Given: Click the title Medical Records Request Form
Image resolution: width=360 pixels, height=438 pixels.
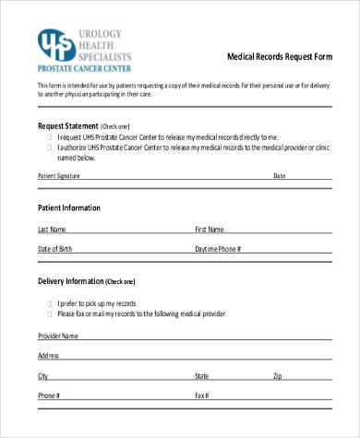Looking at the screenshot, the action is [x=280, y=56].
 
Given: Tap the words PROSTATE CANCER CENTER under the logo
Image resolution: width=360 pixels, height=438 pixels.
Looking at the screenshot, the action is [x=85, y=67].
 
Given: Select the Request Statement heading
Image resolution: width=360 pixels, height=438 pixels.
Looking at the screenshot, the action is [x=71, y=125].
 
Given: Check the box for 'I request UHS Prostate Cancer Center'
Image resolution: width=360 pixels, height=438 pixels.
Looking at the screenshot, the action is [x=49, y=136].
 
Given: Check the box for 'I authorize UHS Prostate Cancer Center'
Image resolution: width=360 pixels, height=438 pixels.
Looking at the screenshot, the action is [x=49, y=147].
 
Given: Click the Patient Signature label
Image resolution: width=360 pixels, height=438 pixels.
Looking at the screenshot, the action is [x=59, y=175].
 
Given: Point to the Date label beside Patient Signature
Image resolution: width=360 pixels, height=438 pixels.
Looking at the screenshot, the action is [x=279, y=175].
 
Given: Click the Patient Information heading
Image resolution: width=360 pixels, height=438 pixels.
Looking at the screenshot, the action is [x=69, y=207].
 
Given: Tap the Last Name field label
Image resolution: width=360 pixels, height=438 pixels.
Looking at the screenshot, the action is [x=52, y=229].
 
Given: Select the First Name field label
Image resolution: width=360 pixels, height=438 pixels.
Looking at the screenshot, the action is [x=210, y=229].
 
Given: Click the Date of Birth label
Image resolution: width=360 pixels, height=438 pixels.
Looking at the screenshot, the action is [x=54, y=250].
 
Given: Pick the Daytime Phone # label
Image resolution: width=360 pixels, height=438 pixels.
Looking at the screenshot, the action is [x=218, y=250].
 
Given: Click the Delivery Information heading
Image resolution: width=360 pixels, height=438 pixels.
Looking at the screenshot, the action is [x=86, y=280].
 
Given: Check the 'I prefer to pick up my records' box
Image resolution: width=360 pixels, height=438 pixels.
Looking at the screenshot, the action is [x=49, y=303].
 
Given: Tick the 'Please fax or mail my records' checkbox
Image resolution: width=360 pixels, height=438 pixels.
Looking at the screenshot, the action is [x=49, y=314].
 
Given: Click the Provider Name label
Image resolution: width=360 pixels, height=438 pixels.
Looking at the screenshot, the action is [x=58, y=336].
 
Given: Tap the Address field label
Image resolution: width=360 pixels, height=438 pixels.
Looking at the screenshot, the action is [x=49, y=355].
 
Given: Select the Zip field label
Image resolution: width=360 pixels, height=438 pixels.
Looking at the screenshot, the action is [x=277, y=376].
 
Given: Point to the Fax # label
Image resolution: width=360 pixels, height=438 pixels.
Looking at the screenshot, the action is [x=201, y=397].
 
